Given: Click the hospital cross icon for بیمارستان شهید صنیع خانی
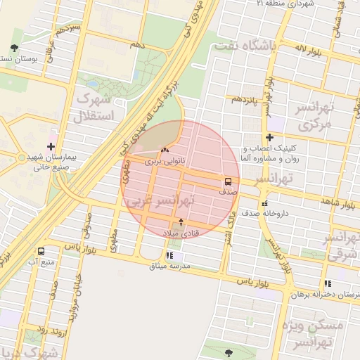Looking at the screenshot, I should point(51,146).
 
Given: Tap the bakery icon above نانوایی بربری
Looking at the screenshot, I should point(165,150).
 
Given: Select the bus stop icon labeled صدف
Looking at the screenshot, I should point(227,181).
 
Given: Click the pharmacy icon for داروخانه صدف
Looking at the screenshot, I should point(264,204).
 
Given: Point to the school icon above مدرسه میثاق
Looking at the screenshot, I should point(169,255).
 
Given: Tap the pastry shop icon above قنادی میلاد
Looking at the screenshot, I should point(181,222).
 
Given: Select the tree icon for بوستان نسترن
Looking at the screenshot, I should point(14,48).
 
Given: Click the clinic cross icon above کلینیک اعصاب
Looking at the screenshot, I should point(269,137).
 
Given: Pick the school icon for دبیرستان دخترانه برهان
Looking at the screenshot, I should point(328,283).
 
